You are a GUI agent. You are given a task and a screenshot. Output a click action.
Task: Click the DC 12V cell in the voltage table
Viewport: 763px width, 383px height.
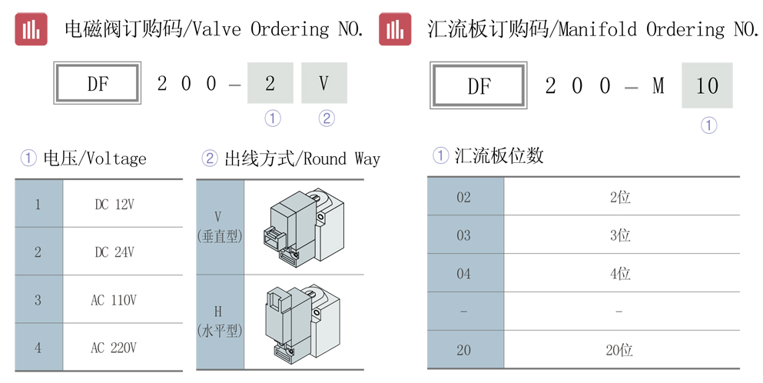click(114, 205)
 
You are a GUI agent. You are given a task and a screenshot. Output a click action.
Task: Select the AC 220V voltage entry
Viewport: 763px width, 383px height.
click(114, 348)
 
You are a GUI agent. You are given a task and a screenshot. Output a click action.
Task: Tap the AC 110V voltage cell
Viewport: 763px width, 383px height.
click(114, 300)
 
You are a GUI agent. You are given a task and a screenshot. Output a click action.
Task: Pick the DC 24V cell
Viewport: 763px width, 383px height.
click(114, 252)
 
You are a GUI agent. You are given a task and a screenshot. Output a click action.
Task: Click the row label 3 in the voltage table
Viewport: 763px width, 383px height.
click(38, 300)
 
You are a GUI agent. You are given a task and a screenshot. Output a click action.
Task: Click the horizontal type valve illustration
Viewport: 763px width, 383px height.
click(303, 322)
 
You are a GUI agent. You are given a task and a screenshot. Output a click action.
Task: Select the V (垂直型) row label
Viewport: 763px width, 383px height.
click(220, 227)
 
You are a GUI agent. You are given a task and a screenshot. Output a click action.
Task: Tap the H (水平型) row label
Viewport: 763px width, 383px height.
click(220, 321)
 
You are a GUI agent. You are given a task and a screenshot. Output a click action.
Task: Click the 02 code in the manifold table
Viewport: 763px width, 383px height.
click(464, 198)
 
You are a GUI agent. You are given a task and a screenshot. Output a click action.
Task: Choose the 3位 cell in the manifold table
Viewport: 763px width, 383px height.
click(620, 236)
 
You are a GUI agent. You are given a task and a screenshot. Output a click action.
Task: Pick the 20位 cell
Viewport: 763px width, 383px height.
click(619, 350)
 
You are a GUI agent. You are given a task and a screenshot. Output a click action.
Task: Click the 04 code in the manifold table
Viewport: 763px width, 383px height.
click(464, 274)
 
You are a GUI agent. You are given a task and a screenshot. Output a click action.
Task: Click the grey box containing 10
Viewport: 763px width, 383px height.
click(707, 85)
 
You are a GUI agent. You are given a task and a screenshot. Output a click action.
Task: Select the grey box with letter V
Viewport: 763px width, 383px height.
click(324, 83)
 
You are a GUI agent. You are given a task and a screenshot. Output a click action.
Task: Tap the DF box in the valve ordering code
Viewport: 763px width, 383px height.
click(98, 83)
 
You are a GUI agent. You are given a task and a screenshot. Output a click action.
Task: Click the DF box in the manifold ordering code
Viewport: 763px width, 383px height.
click(479, 85)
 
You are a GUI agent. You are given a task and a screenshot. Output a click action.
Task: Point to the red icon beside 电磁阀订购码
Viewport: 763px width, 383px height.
click(32, 29)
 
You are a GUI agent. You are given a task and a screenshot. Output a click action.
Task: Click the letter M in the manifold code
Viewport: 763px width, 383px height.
click(658, 86)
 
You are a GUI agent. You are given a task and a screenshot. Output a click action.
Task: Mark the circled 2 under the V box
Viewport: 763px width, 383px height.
click(327, 118)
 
